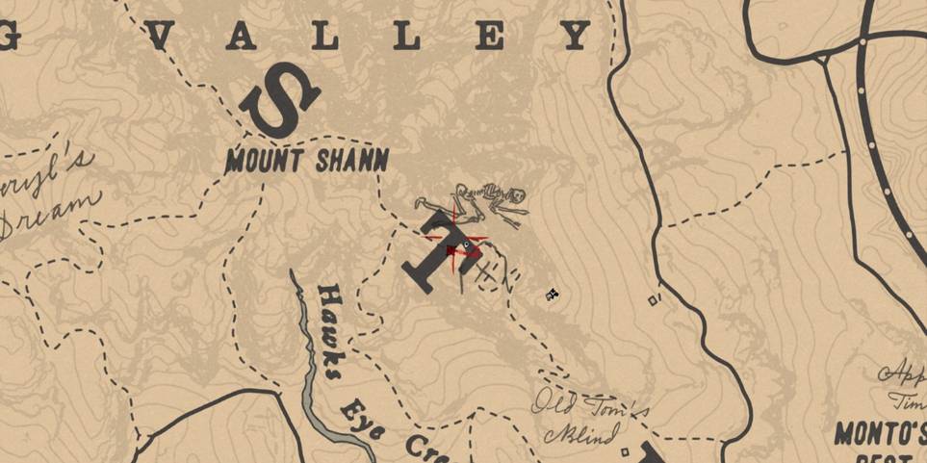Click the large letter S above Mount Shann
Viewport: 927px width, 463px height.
tap(279, 100)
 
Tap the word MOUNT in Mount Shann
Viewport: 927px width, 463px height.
tap(263, 160)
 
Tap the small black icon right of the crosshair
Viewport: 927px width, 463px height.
tap(553, 294)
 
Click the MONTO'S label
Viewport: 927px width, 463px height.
tap(878, 433)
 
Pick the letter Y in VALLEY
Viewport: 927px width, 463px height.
tap(577, 37)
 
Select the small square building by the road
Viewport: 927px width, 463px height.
tap(655, 300)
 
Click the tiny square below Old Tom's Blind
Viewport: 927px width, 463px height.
tap(627, 450)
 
